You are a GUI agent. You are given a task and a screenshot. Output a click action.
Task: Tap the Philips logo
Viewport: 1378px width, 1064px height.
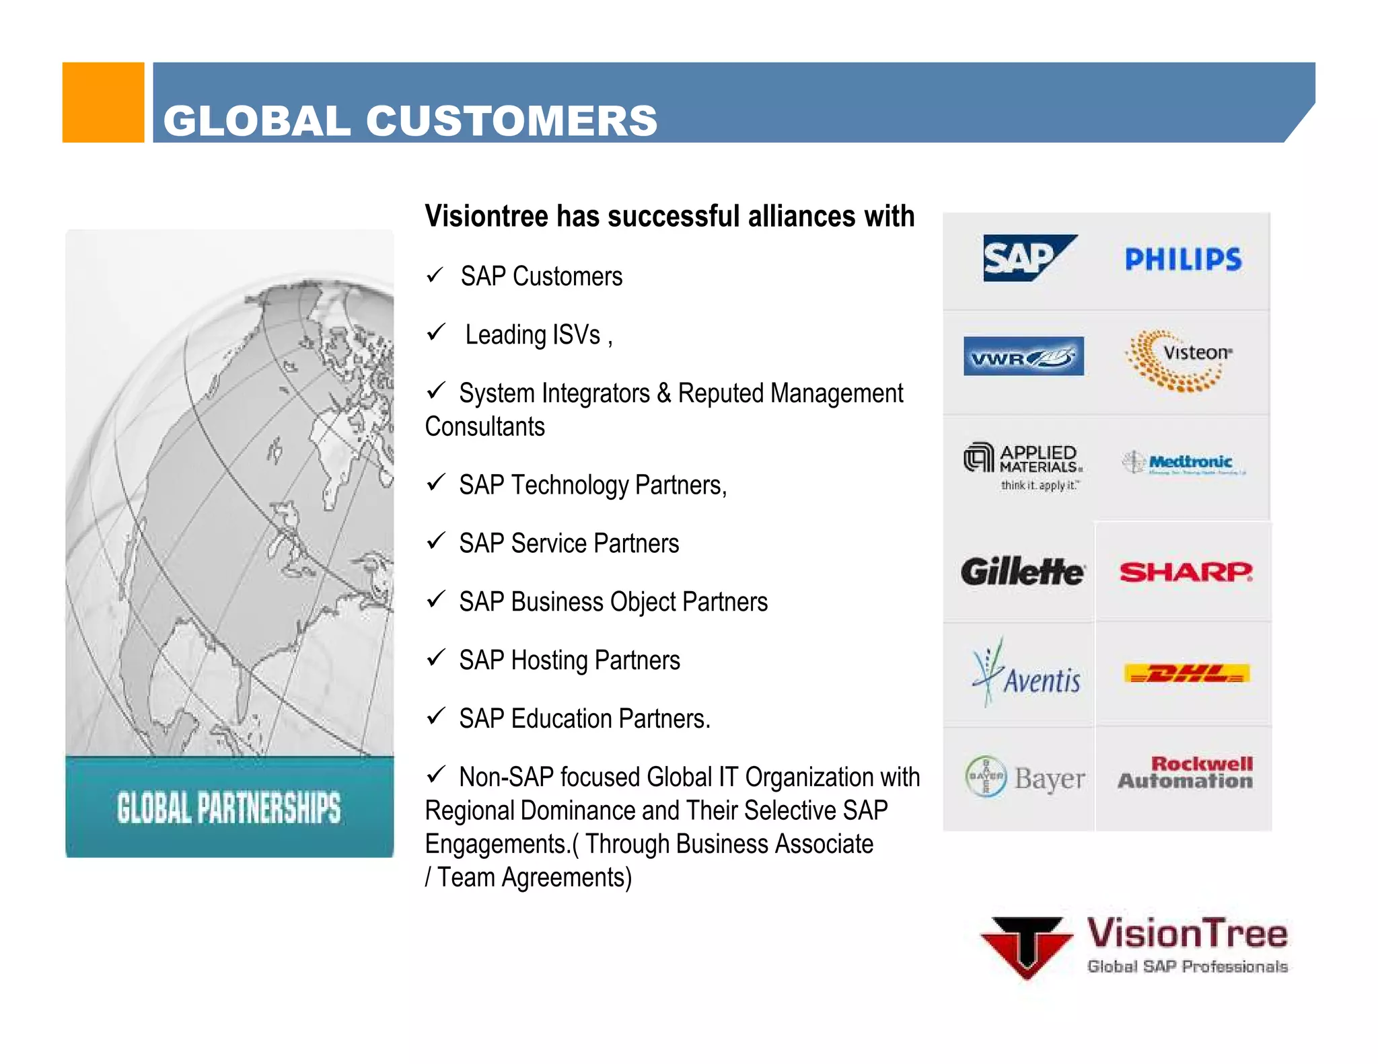1183,260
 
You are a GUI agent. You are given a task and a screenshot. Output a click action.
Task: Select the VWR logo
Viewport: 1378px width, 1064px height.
1023,356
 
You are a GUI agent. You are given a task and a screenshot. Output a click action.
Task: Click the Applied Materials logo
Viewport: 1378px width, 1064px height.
1023,465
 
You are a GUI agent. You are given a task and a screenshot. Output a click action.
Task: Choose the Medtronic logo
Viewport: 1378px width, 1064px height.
1184,463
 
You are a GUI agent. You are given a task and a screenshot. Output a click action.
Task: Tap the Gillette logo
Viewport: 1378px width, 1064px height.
1022,572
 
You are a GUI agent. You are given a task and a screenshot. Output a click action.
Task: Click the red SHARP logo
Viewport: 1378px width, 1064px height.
1186,572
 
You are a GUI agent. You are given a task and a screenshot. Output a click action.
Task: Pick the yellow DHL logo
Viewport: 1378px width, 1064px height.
1186,673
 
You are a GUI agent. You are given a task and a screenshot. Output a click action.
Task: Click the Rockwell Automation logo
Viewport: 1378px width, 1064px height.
1186,772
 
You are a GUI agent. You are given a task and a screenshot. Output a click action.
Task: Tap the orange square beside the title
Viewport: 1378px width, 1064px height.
103,102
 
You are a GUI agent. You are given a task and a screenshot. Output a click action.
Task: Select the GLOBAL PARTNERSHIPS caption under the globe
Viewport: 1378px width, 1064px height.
229,808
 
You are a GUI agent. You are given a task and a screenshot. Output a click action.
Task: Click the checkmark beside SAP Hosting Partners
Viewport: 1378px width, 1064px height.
436,657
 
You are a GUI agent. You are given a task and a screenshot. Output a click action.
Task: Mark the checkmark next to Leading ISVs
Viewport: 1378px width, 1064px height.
436,332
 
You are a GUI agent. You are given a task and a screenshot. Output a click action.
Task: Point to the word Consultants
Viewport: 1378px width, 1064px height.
484,426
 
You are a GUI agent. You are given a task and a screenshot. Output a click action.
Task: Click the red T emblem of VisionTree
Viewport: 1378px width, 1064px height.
1026,946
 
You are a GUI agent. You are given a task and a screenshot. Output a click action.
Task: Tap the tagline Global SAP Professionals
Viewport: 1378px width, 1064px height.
1187,966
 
